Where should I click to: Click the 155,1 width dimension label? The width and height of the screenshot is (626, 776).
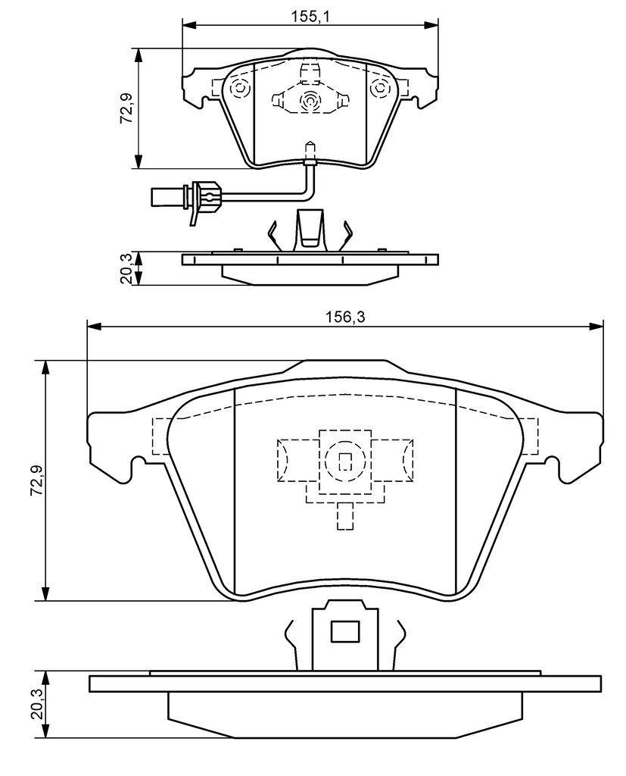pos(310,16)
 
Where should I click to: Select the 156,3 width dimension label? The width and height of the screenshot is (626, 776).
pos(345,318)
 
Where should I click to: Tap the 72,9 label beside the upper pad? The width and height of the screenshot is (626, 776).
pos(126,108)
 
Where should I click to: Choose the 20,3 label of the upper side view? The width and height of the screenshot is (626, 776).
pos(126,268)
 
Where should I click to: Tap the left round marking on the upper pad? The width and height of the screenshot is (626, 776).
pos(240,88)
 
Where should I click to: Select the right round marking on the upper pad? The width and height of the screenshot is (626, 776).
pos(380,88)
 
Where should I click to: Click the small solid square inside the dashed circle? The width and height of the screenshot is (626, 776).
pos(344,462)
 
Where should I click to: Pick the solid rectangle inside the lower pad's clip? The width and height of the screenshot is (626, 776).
pos(344,632)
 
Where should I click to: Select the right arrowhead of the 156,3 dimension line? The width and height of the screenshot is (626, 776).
pos(596,326)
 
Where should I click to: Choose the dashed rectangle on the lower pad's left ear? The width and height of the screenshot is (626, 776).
pos(161,436)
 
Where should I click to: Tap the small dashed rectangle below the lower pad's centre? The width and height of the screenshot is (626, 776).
pos(345,517)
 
